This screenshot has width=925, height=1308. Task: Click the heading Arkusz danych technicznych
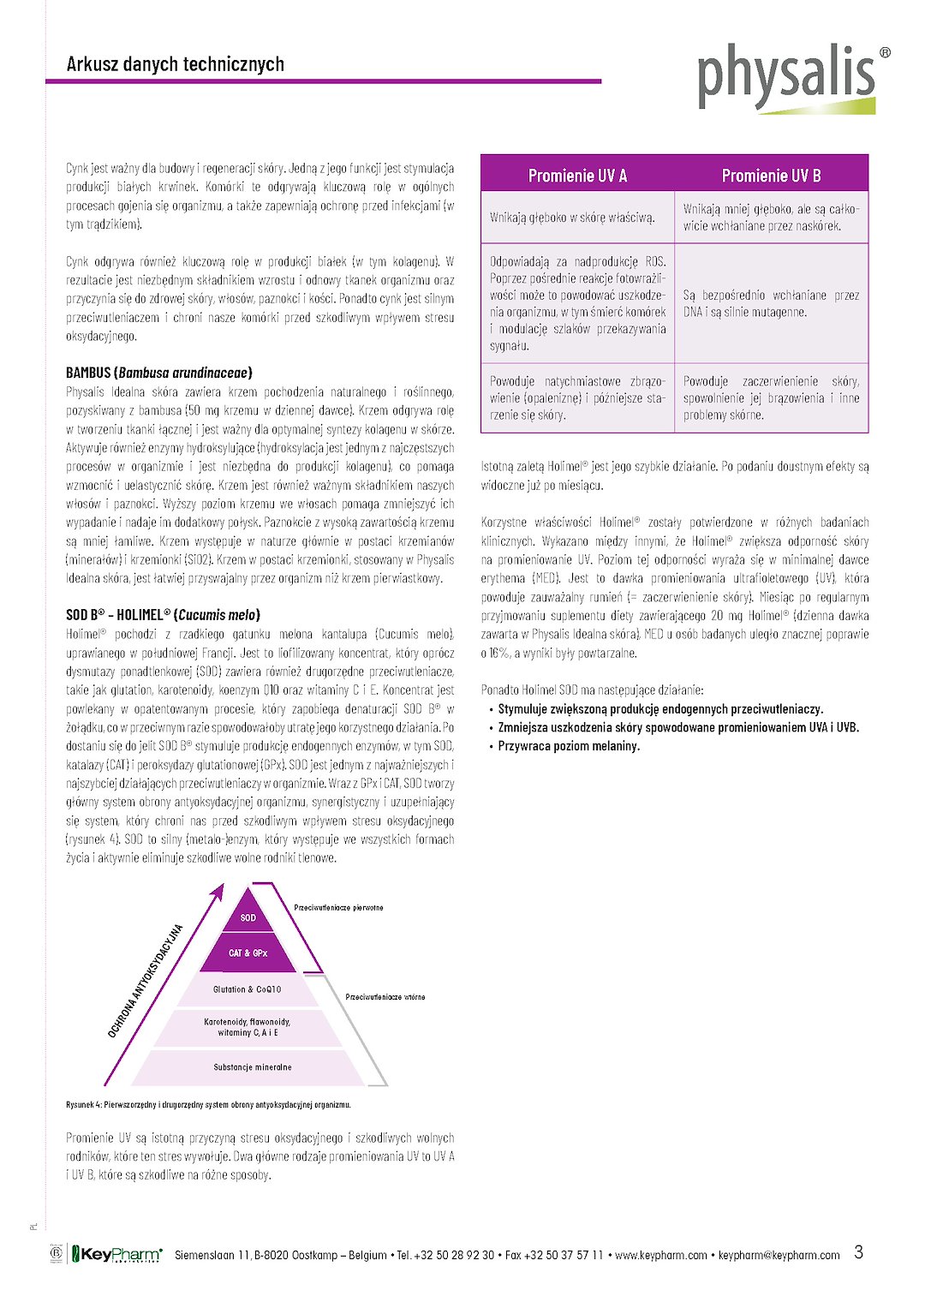pos(175,64)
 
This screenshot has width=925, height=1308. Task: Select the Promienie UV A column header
pos(577,176)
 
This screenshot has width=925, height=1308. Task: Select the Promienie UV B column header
pos(771,176)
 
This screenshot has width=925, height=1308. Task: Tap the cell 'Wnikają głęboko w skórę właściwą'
pos(572,218)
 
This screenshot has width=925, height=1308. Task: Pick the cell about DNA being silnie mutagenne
pos(771,303)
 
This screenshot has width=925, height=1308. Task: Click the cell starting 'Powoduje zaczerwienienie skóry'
pos(771,397)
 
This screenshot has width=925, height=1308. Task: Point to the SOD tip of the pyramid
pos(248,917)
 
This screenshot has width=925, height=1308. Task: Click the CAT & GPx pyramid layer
pos(248,953)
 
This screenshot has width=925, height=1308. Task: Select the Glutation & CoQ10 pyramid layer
pos(247,989)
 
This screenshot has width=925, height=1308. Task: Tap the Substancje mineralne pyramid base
pos(252,1067)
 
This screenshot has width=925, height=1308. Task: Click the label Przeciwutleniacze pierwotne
pos(338,907)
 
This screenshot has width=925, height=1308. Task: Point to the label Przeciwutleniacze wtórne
pos(385,997)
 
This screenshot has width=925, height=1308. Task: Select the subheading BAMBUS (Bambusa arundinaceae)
pos(158,373)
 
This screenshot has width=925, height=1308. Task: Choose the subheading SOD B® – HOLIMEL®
pos(163,615)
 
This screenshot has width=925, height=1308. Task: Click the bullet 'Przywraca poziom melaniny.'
pos(569,746)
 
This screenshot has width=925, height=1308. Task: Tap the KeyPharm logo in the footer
pos(117,1254)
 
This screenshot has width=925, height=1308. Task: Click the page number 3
pos(858,1252)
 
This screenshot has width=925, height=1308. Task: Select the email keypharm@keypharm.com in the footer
pos(779,1255)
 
